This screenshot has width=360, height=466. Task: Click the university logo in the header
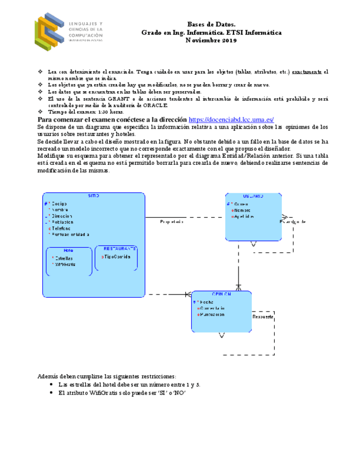coord(68,31)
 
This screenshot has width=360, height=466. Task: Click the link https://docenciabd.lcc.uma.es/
coord(231,120)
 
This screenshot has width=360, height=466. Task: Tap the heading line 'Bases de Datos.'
coord(212,25)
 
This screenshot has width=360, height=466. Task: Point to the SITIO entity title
coord(93,196)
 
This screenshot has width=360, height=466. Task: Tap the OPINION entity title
coord(221,295)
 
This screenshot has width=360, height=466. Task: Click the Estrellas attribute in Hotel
coord(65,258)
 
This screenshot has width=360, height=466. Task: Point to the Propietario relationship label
coord(171,222)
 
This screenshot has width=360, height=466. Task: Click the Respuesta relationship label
coord(263,317)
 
